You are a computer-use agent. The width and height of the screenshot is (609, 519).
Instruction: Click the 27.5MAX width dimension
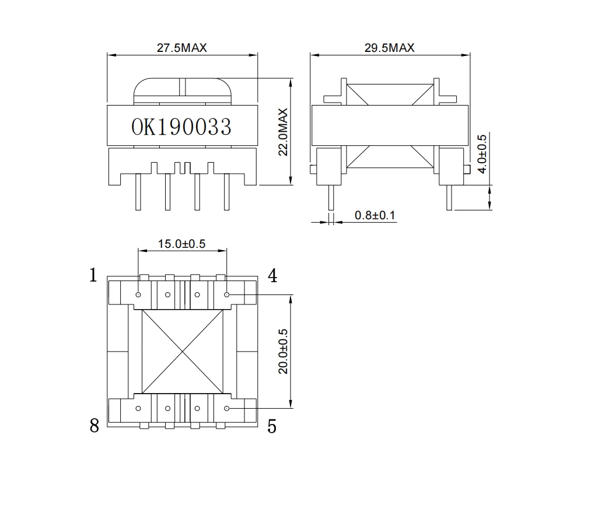click(x=181, y=48)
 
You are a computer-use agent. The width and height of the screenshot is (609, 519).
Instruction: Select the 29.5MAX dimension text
click(x=389, y=48)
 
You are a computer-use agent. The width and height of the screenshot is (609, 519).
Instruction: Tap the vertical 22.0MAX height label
click(x=283, y=132)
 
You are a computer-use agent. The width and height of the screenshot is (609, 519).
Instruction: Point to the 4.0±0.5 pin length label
click(x=481, y=154)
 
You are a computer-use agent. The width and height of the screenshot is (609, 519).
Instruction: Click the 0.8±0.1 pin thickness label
click(x=375, y=216)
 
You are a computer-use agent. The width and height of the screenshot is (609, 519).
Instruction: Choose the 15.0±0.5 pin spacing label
click(x=181, y=244)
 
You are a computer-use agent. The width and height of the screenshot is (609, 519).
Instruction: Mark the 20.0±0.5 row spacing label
click(x=283, y=351)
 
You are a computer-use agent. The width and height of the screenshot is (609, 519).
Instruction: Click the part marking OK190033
click(x=181, y=127)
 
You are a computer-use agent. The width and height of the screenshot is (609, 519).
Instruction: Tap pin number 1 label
click(x=93, y=275)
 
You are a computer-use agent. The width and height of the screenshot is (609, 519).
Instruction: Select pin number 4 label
click(x=272, y=275)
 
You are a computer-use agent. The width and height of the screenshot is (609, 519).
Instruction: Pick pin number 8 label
click(x=94, y=426)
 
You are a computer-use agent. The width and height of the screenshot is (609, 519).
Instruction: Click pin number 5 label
click(x=272, y=426)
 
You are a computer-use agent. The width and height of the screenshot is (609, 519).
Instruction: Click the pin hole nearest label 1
click(x=138, y=294)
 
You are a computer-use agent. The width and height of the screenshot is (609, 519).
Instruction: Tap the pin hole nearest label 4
click(x=226, y=294)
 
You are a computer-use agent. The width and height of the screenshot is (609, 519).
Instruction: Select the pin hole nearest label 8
click(x=138, y=408)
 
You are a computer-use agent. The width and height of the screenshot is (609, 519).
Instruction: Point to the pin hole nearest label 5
click(x=226, y=408)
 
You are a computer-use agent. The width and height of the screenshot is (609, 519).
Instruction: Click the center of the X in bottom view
click(x=183, y=351)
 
